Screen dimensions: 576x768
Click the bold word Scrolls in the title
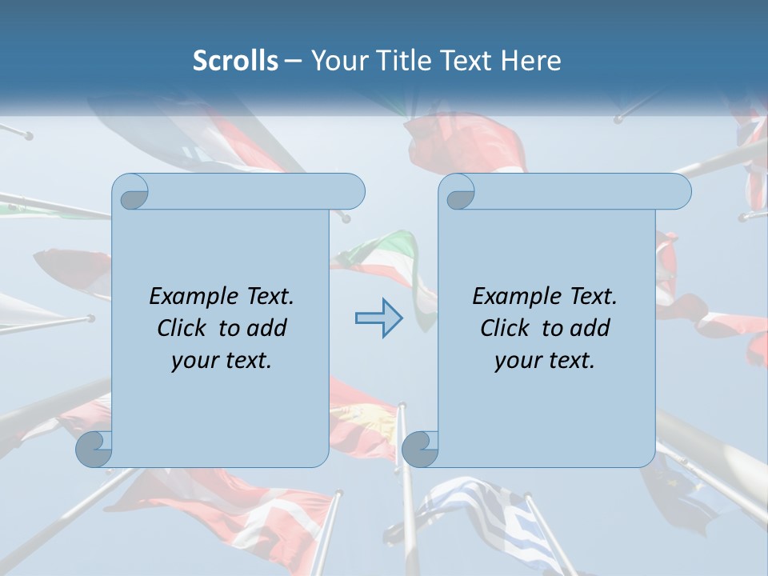236,61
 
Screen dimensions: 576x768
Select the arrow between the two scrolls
379,318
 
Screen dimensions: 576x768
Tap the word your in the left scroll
193,361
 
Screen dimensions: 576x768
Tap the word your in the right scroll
516,361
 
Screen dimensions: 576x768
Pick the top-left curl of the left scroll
130,192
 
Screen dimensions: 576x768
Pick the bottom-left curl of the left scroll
94,449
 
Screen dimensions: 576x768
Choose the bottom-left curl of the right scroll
420,449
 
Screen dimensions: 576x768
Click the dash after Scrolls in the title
293,62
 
